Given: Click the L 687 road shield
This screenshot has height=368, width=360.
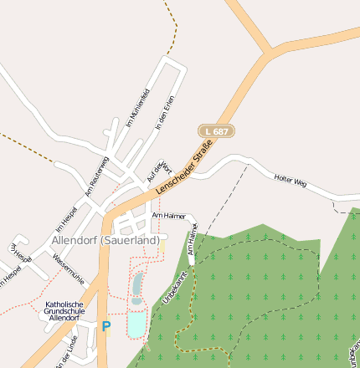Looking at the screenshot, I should point(216,131).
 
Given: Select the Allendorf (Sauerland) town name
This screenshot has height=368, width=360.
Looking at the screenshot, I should point(105,240).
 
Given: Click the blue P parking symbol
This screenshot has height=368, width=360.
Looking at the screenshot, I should point(105,327).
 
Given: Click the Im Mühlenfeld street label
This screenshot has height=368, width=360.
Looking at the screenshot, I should point(136,107).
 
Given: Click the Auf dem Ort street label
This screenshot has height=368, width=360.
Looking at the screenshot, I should point(158,171).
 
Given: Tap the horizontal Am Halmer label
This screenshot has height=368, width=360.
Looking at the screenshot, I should point(168,216).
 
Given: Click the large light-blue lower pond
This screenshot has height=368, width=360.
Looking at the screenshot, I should point(136,323).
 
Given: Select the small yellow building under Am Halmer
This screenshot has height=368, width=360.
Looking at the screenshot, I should point(162,246).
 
